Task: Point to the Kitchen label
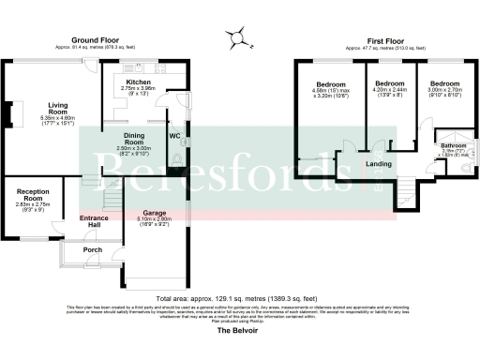click(x=139, y=82)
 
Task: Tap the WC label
click(x=173, y=135)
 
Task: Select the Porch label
click(x=92, y=250)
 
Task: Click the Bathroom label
click(x=455, y=145)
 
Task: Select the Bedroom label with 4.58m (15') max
click(x=331, y=84)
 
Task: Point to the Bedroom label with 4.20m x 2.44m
click(x=388, y=83)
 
